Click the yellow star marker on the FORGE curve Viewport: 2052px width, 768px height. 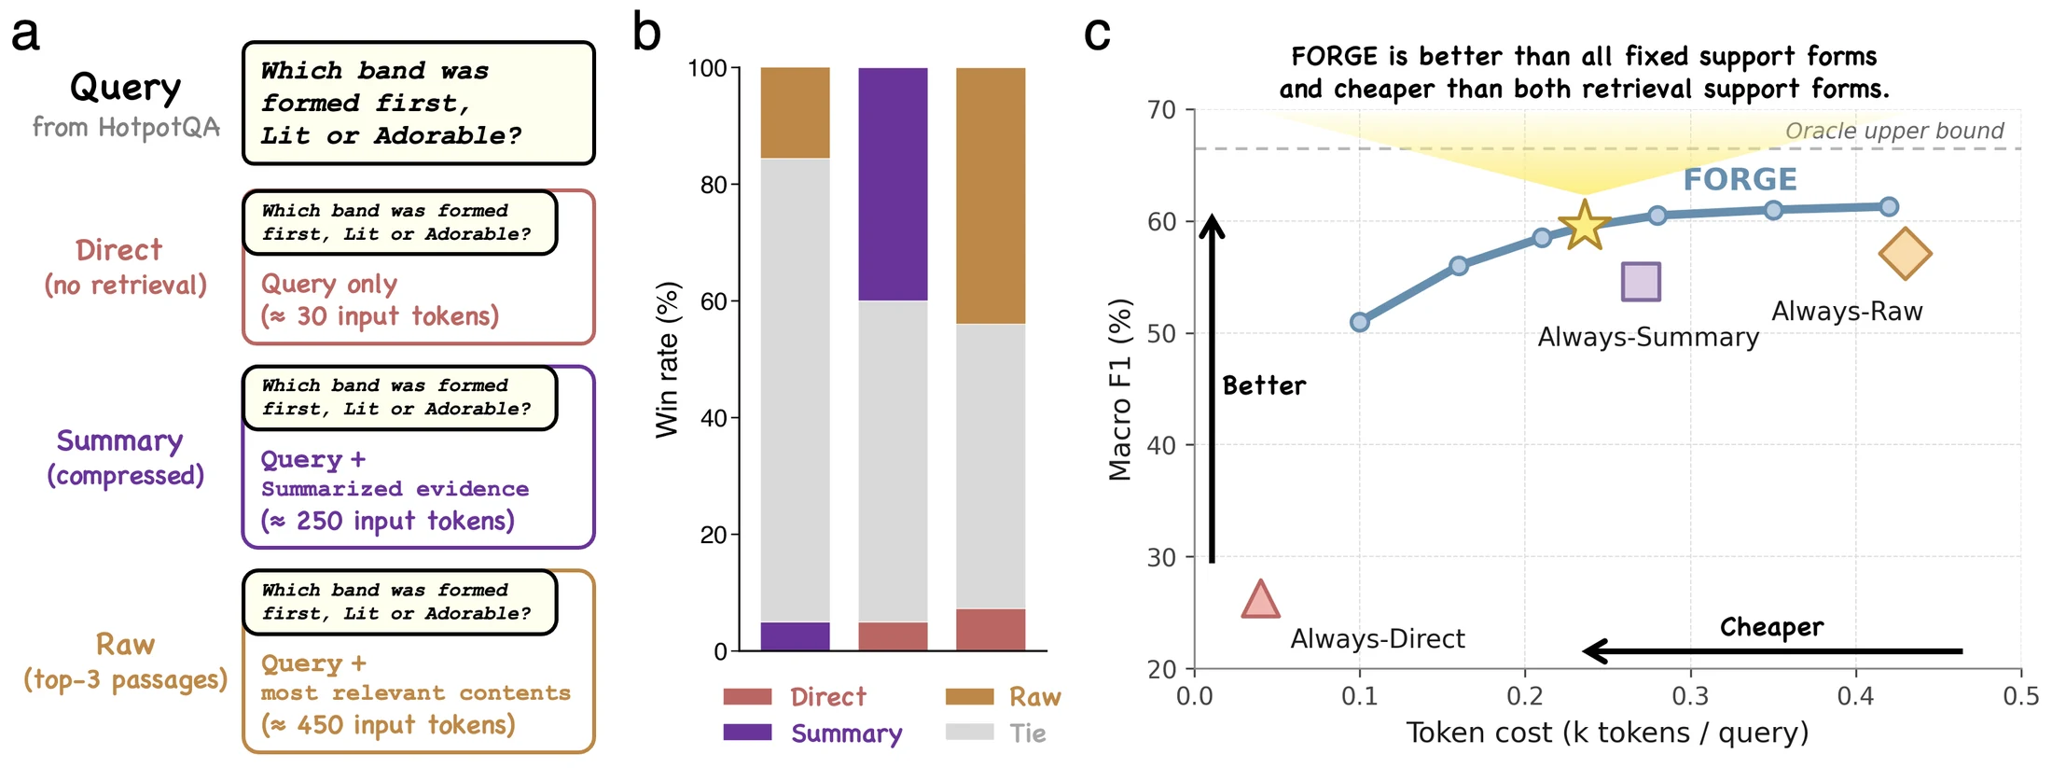(1585, 225)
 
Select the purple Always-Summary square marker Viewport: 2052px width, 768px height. (1641, 281)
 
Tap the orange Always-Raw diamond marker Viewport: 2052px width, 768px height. (1905, 254)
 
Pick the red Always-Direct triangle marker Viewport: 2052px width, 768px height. (1260, 599)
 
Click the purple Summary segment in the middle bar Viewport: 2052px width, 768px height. (893, 184)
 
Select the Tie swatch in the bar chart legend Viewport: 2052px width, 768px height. (969, 733)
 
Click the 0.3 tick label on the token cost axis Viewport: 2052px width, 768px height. (1690, 696)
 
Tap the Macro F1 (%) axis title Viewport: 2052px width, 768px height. (1119, 390)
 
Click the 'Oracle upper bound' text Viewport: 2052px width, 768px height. (1894, 131)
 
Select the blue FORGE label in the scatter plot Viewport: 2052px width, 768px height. (1740, 178)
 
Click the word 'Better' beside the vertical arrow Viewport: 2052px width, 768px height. (1264, 385)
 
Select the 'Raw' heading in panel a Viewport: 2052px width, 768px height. (125, 644)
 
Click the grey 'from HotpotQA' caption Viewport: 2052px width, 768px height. (126, 127)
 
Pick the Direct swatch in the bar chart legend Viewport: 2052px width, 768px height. (747, 696)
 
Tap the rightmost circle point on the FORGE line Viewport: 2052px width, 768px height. (1889, 206)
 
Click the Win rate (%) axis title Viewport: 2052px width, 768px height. (667, 359)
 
